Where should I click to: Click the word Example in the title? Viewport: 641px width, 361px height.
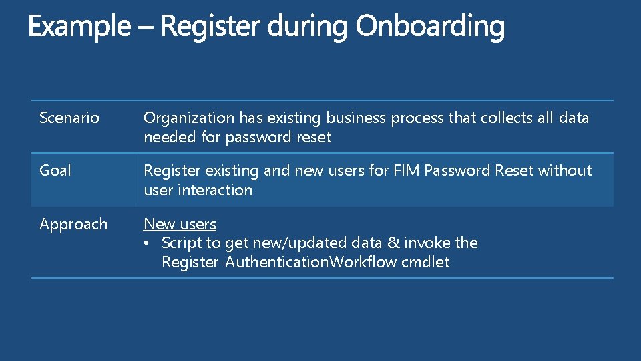pyautogui.click(x=79, y=27)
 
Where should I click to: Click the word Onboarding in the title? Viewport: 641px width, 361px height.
pyautogui.click(x=430, y=27)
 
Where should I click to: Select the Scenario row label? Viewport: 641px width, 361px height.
pyautogui.click(x=69, y=118)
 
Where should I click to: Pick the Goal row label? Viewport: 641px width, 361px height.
pyautogui.click(x=55, y=170)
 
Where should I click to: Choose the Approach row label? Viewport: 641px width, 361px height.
pyautogui.click(x=73, y=224)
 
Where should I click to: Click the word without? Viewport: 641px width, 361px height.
pyautogui.click(x=565, y=170)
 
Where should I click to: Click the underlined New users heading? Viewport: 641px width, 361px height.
pyautogui.click(x=180, y=224)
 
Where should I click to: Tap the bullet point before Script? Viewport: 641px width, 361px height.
pyautogui.click(x=149, y=243)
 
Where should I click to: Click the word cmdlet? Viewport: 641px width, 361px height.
pyautogui.click(x=425, y=262)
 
